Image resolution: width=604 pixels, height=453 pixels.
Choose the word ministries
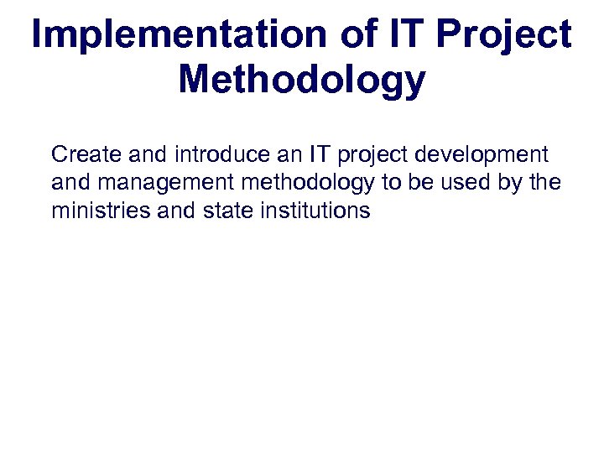pos(102,210)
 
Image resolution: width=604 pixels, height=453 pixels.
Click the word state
pos(228,210)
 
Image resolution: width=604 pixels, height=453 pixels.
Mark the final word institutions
pos(315,210)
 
